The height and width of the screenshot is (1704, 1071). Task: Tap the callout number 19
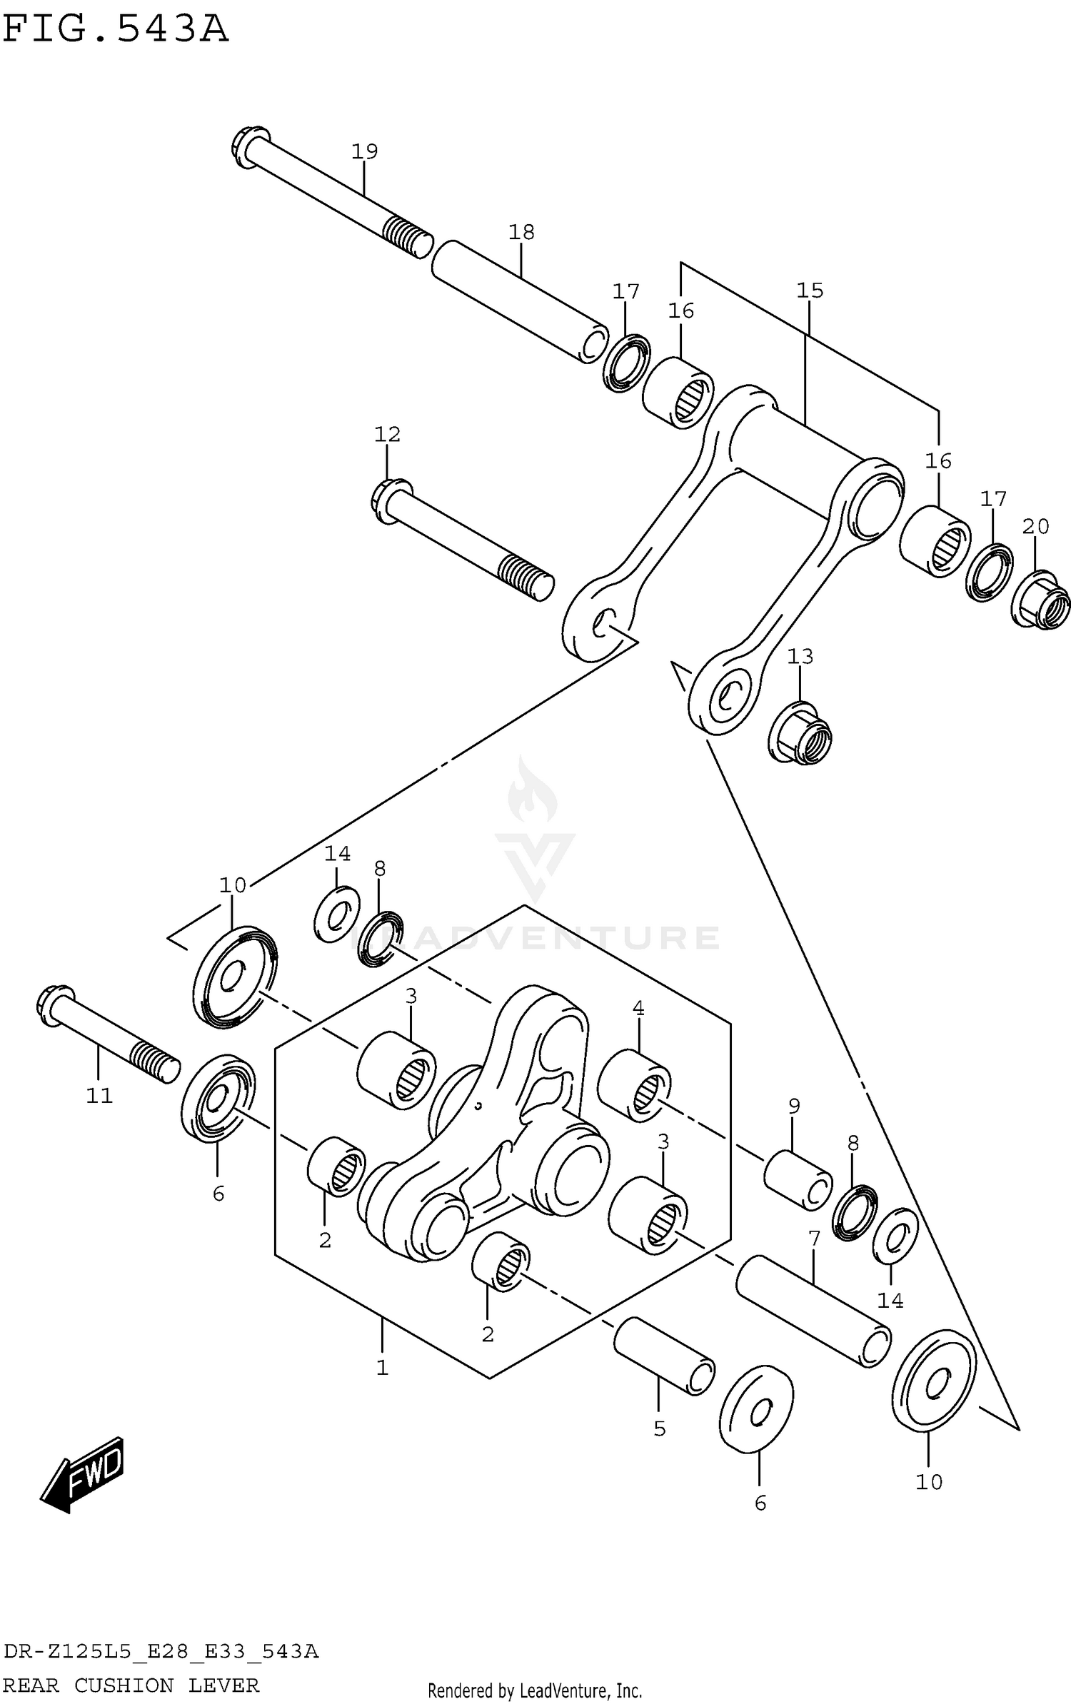pyautogui.click(x=364, y=151)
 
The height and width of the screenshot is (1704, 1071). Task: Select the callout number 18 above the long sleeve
pyautogui.click(x=521, y=232)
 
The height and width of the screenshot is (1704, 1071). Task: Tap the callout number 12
pyautogui.click(x=387, y=434)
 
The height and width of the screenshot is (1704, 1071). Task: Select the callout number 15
pyautogui.click(x=810, y=291)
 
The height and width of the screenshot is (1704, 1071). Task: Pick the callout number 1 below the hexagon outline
pyautogui.click(x=382, y=1368)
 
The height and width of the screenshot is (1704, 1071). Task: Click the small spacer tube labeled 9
pyautogui.click(x=797, y=1181)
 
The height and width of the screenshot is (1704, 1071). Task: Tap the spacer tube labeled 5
pyautogui.click(x=664, y=1356)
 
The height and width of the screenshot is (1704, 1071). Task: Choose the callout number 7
pyautogui.click(x=814, y=1239)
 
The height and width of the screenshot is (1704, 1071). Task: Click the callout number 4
pyautogui.click(x=638, y=1009)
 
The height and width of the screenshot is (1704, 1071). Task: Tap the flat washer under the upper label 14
pyautogui.click(x=336, y=913)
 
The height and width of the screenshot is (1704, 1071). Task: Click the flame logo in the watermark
pyautogui.click(x=533, y=792)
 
